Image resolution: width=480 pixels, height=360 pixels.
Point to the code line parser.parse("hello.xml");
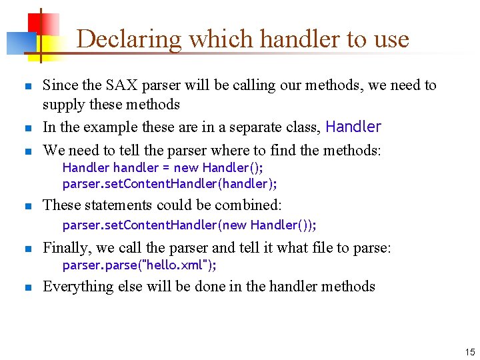139,265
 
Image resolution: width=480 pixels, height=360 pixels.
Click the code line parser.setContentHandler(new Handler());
189,225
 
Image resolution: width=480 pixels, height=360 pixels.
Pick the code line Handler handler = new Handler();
163,167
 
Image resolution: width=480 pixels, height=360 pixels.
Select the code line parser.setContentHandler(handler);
170,183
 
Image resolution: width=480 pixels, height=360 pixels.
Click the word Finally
67,248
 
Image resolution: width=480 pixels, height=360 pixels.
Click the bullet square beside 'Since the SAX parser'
27,87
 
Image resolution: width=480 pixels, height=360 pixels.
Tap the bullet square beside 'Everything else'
27,288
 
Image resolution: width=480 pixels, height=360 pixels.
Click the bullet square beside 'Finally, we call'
27,249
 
